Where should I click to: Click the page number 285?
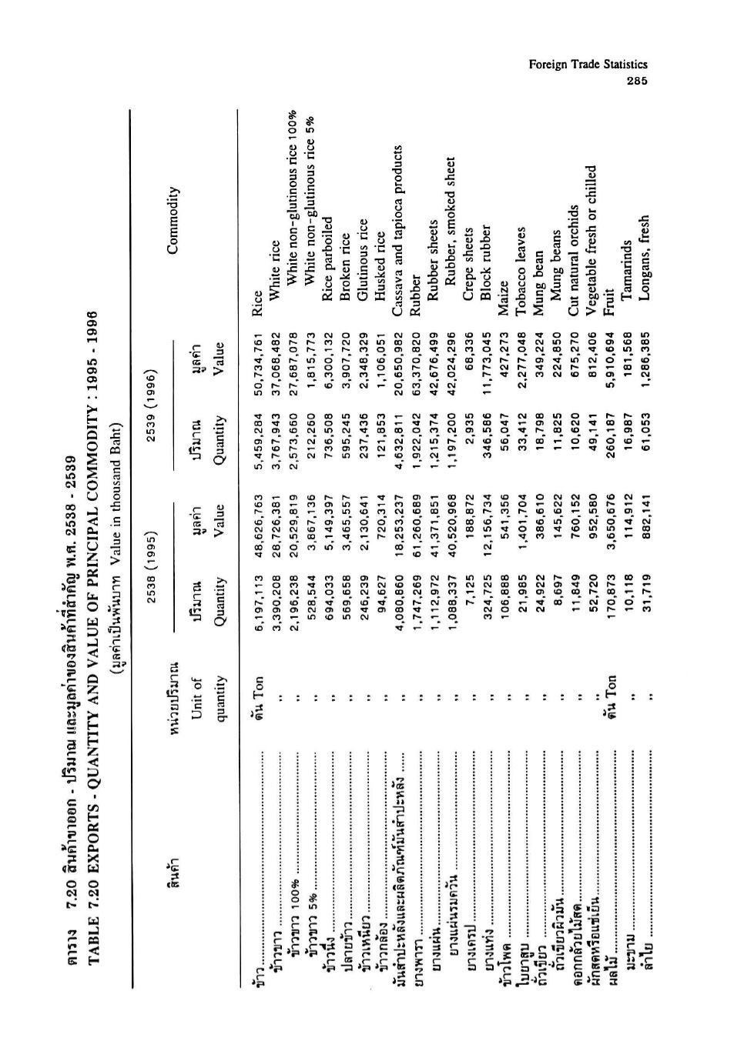click(637, 82)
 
